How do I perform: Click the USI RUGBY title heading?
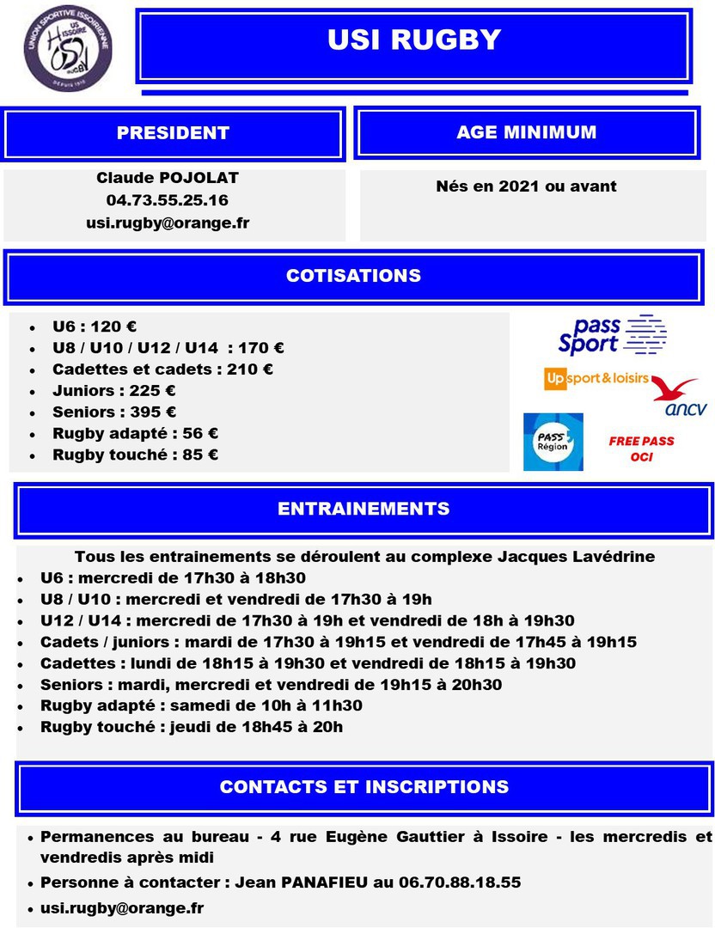click(x=413, y=40)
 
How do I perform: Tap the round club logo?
click(x=68, y=48)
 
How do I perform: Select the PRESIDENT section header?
click(x=173, y=133)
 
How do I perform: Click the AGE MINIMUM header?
click(x=526, y=132)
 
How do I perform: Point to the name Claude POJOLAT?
click(x=168, y=178)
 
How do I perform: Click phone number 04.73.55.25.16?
click(x=168, y=200)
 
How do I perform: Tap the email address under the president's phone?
click(x=168, y=223)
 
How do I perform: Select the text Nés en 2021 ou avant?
click(x=526, y=186)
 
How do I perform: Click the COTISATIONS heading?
click(x=353, y=276)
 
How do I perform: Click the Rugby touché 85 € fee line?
click(x=135, y=455)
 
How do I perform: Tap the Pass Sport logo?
click(x=611, y=335)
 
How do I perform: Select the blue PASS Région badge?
click(x=553, y=442)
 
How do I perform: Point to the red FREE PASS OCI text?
click(x=641, y=449)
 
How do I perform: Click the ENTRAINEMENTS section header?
click(x=363, y=509)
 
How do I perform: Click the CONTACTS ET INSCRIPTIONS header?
click(x=364, y=787)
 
